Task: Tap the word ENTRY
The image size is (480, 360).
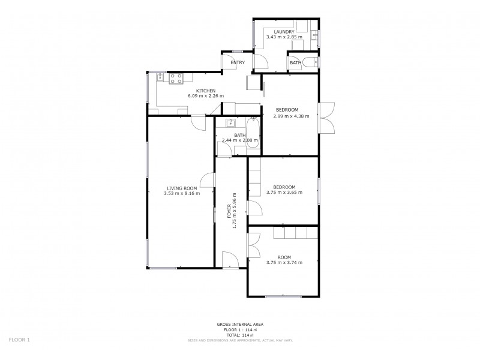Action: [238, 62]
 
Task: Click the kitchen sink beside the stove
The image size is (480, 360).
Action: [160, 77]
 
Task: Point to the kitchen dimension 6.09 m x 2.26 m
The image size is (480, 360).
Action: [205, 96]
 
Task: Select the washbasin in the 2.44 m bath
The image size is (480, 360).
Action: [230, 124]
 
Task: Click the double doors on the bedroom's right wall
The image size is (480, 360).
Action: [326, 118]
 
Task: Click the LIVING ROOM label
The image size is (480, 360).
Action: [181, 188]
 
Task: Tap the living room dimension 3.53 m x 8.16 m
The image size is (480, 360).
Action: [181, 193]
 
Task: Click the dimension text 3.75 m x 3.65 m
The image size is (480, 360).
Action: [284, 193]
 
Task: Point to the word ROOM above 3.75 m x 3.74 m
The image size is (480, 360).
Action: [284, 256]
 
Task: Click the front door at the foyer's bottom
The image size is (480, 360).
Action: [229, 260]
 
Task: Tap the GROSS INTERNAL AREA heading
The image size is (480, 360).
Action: [240, 324]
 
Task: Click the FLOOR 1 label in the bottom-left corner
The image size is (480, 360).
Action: [19, 340]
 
